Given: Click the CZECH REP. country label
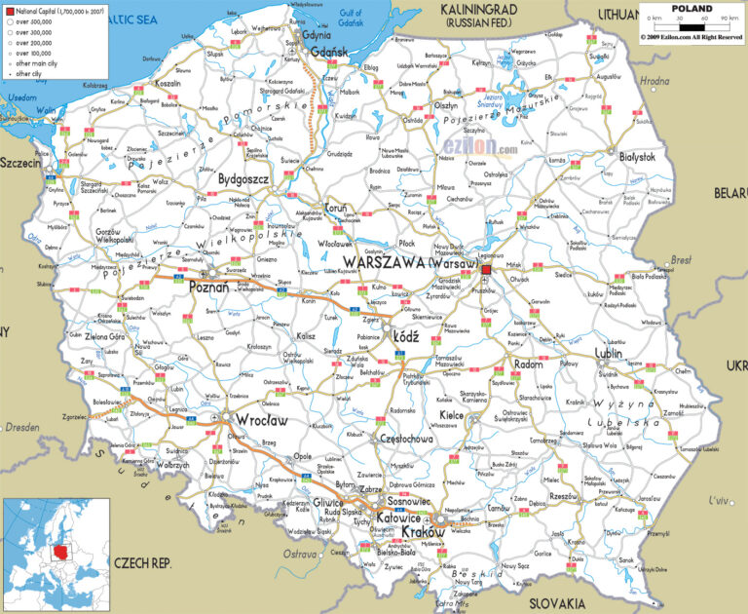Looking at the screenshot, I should [142, 563].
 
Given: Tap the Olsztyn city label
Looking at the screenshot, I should [445, 105].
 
